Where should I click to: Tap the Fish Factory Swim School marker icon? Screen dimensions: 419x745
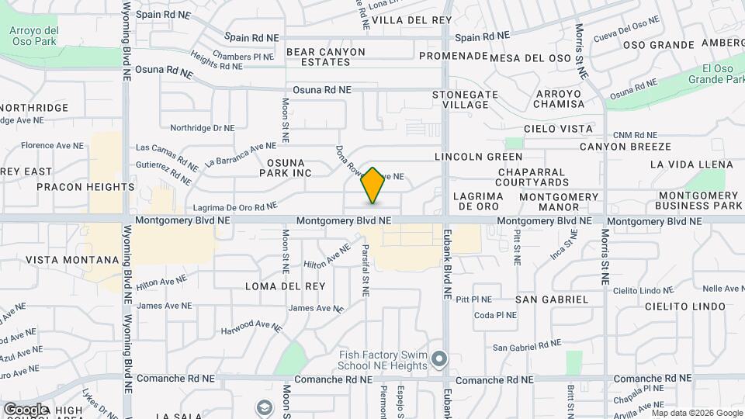click(x=440, y=359)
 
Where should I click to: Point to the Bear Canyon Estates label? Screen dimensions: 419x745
click(x=326, y=57)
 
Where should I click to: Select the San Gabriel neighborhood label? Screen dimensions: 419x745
click(x=552, y=299)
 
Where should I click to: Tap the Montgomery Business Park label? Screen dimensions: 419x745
click(x=698, y=200)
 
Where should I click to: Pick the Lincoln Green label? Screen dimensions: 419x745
click(x=478, y=157)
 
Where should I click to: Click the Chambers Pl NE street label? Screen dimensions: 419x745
click(x=243, y=57)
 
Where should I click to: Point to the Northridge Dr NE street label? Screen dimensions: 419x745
click(x=202, y=128)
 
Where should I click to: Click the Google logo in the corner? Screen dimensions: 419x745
click(x=26, y=409)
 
